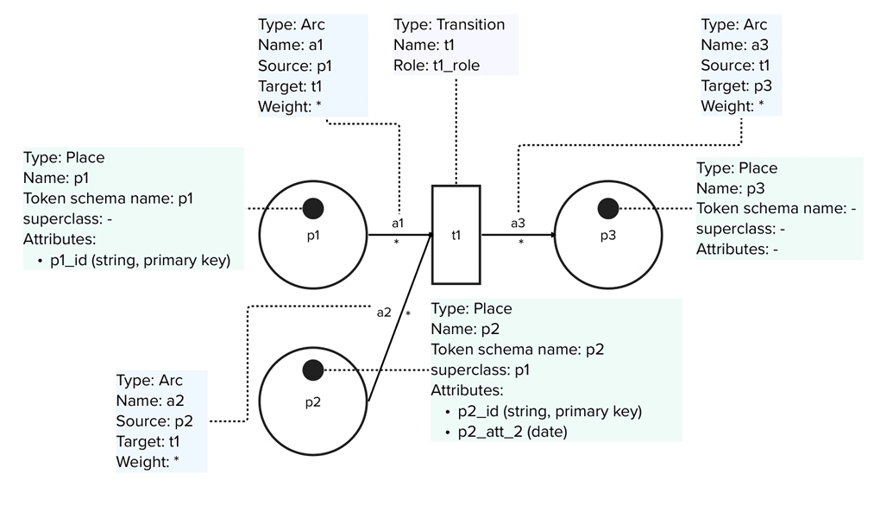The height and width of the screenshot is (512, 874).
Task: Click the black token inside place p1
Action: coord(312,208)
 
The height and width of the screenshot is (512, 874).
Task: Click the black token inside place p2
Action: coord(312,370)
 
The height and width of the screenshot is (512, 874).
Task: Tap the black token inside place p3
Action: coord(608,208)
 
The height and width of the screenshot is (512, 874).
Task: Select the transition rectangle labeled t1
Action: coord(456,234)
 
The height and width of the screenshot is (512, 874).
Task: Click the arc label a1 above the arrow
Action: coord(398,223)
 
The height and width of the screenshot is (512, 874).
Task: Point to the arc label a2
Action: coord(384,312)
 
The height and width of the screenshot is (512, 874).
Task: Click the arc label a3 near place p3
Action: coord(518,223)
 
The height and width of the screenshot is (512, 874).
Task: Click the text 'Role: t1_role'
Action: coord(437,66)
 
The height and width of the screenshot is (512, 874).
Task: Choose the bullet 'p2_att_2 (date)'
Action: coord(512,432)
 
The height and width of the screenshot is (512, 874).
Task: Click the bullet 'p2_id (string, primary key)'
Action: coord(549,411)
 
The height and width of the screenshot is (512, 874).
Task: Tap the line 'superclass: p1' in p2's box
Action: coord(480,370)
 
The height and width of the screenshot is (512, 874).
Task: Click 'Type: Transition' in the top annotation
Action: coord(449,24)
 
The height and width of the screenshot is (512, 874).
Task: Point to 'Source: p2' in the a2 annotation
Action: coord(154,421)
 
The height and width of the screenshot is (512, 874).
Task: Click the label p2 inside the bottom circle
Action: coord(312,401)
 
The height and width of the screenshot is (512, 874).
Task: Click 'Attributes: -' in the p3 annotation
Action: coord(738,250)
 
